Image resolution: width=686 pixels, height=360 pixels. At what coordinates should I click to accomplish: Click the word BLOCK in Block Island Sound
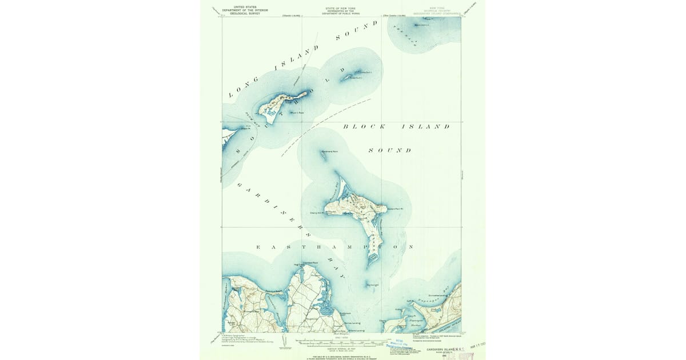(364, 126)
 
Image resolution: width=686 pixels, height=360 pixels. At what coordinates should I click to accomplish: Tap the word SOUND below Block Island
(390, 150)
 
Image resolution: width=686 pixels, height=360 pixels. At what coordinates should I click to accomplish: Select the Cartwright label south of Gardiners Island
(373, 284)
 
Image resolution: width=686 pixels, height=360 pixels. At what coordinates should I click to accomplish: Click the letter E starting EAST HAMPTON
(258, 247)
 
